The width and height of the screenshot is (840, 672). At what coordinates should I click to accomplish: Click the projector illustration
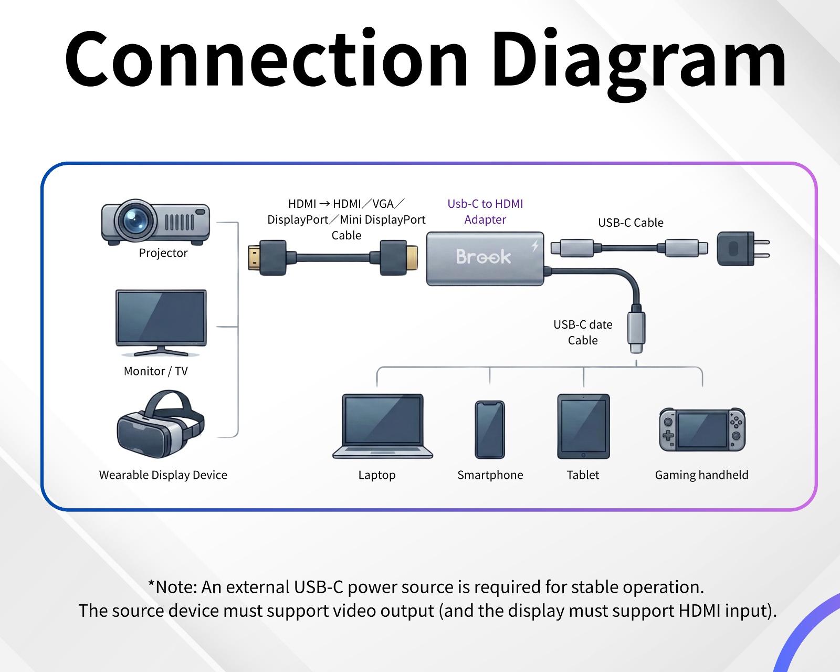click(x=156, y=222)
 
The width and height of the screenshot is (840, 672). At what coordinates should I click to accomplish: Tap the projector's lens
click(x=135, y=219)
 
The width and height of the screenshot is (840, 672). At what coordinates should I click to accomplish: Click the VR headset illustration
click(x=160, y=424)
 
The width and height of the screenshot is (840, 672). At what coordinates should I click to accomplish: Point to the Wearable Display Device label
click(x=163, y=475)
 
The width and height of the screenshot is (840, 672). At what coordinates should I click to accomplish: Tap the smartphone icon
click(x=490, y=429)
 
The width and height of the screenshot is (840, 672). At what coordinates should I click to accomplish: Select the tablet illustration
click(x=583, y=426)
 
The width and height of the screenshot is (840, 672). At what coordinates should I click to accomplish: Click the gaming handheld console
click(x=702, y=429)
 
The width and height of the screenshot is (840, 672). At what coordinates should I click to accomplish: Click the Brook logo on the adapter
click(x=483, y=257)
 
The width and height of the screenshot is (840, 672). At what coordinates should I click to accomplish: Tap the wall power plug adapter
click(x=740, y=248)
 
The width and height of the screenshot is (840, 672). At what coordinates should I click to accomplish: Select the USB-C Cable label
click(x=631, y=223)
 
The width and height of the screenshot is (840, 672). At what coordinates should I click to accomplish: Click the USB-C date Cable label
click(x=583, y=332)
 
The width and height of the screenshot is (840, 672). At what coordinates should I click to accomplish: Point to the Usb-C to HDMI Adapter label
click(x=485, y=212)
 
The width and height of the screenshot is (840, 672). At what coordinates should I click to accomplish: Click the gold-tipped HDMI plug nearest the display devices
click(x=267, y=258)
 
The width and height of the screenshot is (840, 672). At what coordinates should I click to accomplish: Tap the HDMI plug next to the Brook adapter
click(x=398, y=258)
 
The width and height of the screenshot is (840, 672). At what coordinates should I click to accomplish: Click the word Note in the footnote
click(x=175, y=587)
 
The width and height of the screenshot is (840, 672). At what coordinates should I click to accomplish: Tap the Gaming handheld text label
click(x=701, y=475)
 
